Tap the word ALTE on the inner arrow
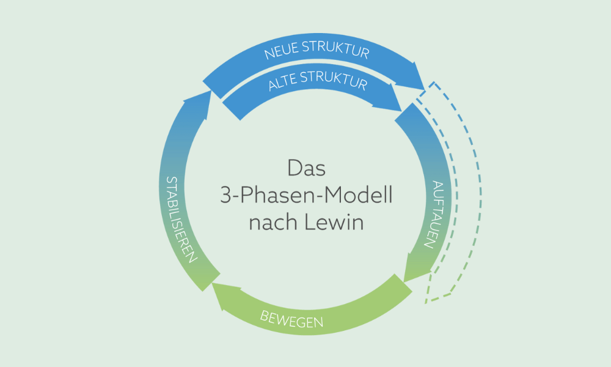click(285, 84)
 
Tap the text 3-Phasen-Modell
click(305, 196)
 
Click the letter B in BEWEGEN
click(265, 314)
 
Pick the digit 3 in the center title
click(225, 196)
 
